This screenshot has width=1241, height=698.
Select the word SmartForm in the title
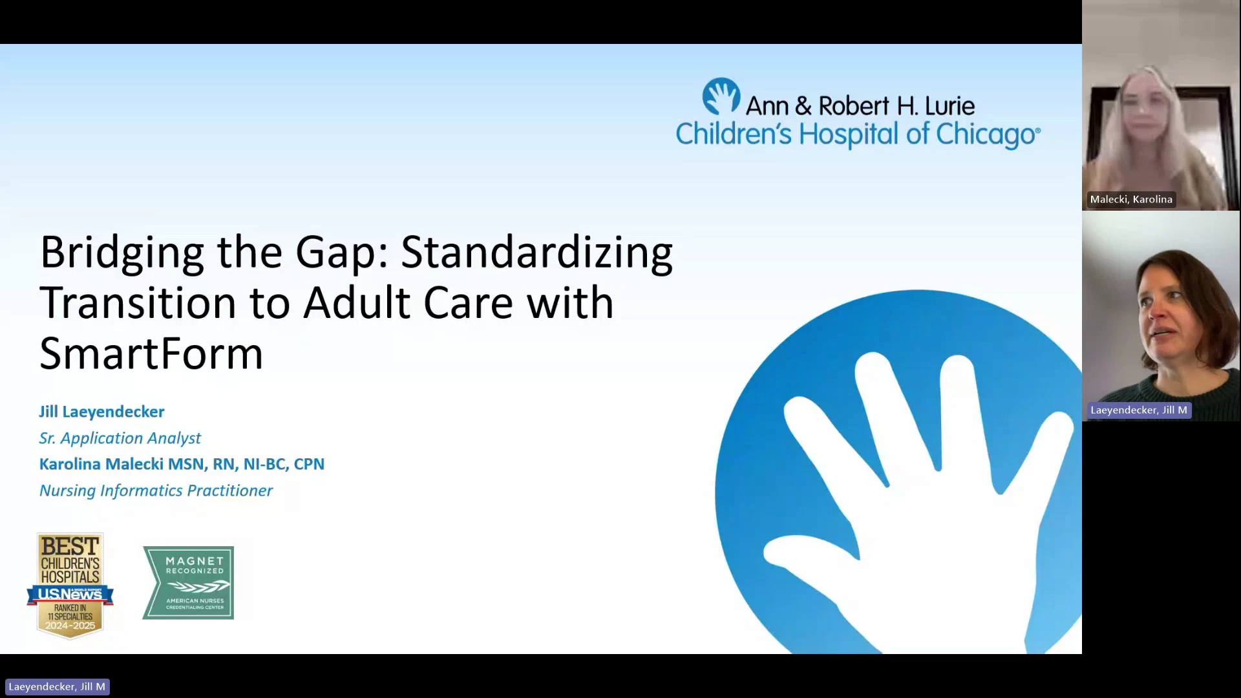151,354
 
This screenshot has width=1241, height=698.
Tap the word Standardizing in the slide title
537,253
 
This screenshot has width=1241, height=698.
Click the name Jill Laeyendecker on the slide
102,412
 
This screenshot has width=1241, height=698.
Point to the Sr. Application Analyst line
120,438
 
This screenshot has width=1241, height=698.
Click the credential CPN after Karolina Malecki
309,464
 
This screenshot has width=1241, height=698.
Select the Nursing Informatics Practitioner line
156,491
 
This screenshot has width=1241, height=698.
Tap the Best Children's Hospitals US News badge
70,586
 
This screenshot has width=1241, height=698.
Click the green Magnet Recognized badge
188,582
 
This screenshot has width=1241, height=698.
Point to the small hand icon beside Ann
721,96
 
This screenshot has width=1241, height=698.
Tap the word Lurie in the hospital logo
949,106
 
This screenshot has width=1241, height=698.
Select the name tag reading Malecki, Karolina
1131,199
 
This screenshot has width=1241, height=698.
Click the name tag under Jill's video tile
1139,410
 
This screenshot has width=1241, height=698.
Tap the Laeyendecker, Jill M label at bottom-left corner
57,686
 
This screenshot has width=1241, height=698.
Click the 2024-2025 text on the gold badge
70,626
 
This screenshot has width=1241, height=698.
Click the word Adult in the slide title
357,302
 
